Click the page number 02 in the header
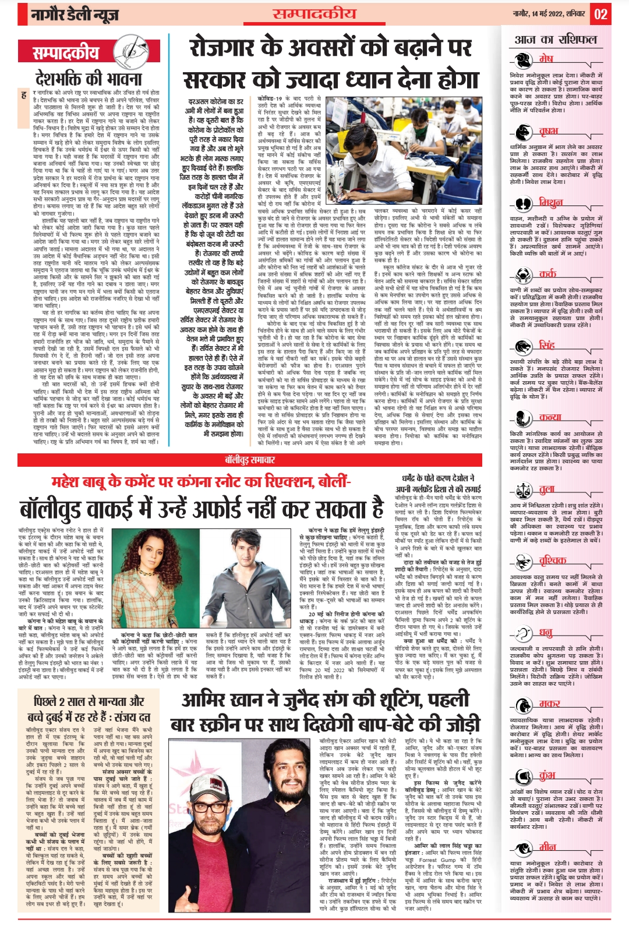(601, 14)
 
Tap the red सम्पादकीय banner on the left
(66, 53)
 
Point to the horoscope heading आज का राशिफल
(556, 40)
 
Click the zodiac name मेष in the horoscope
(546, 59)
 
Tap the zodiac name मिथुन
(550, 203)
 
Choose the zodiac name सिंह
(547, 345)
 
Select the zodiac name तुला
(547, 489)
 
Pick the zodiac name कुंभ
(547, 776)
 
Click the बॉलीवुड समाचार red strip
(250, 460)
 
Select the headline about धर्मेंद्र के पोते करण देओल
(439, 484)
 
